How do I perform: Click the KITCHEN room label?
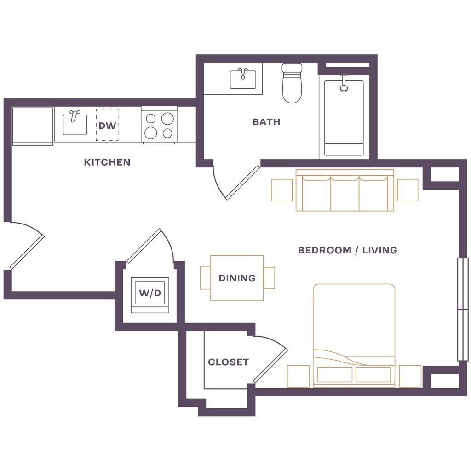107,162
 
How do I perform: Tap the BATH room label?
266,122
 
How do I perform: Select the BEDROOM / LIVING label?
347,250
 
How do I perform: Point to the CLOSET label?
228,362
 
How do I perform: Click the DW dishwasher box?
107,125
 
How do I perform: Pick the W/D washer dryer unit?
150,293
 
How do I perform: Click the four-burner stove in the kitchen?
159,126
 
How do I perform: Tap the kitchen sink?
75,124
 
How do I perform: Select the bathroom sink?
243,79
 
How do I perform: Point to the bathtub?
344,118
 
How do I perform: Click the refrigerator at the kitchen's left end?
32,126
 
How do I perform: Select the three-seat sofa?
345,190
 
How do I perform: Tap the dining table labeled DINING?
237,278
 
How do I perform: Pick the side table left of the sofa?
282,190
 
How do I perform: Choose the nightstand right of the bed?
410,376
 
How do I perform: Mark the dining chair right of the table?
269,278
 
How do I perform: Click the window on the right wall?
462,309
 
